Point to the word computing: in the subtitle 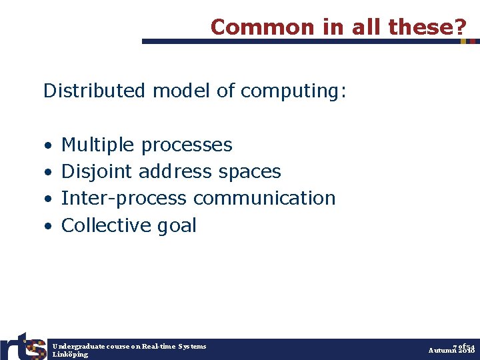click(294, 91)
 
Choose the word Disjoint click(97, 172)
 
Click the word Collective click(107, 225)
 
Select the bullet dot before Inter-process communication click(48, 199)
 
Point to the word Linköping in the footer click(70, 355)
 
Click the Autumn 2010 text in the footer click(451, 351)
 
